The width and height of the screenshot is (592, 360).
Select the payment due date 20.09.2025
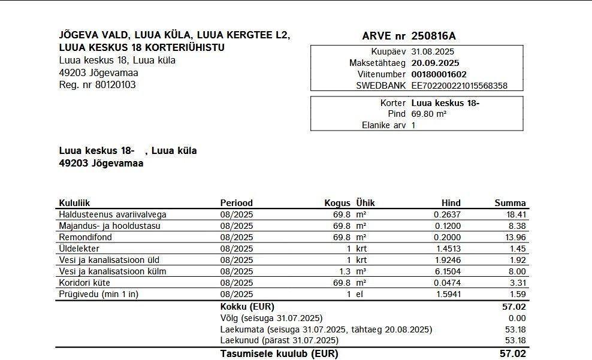pyautogui.click(x=435, y=63)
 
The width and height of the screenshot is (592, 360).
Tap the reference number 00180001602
pyautogui.click(x=439, y=74)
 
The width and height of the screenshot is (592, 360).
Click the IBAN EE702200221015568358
pyautogui.click(x=459, y=86)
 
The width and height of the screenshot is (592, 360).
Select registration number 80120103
pyautogui.click(x=115, y=84)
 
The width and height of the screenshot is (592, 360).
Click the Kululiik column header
pyautogui.click(x=74, y=203)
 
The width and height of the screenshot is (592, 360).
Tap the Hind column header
pyautogui.click(x=451, y=203)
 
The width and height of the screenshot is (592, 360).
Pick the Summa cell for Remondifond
pyautogui.click(x=515, y=237)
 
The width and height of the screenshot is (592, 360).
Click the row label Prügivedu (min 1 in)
pyautogui.click(x=98, y=294)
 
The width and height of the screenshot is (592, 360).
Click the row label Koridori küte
pyautogui.click(x=82, y=283)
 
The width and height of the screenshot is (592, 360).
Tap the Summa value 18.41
pyautogui.click(x=515, y=214)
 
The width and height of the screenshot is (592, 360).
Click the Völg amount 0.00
pyautogui.click(x=517, y=318)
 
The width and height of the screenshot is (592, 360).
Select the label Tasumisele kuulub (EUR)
pyautogui.click(x=279, y=353)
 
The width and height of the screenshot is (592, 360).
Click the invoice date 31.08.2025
pyautogui.click(x=433, y=52)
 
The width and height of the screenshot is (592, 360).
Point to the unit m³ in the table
pyautogui.click(x=361, y=271)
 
